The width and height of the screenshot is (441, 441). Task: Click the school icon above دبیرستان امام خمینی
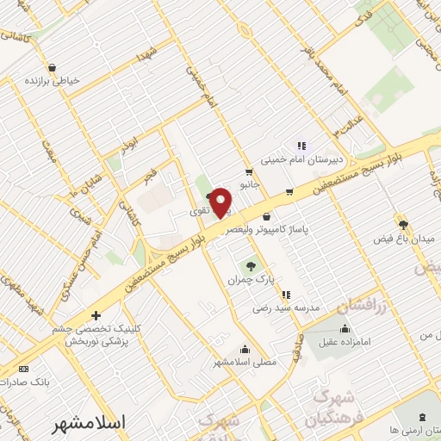coord(301,146)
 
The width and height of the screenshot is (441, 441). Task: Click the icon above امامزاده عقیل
coord(345,327)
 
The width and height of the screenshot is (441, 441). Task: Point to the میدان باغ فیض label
coord(402,236)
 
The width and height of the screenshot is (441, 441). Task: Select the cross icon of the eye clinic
coord(96,315)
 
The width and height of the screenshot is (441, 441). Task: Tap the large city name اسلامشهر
coord(89,423)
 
